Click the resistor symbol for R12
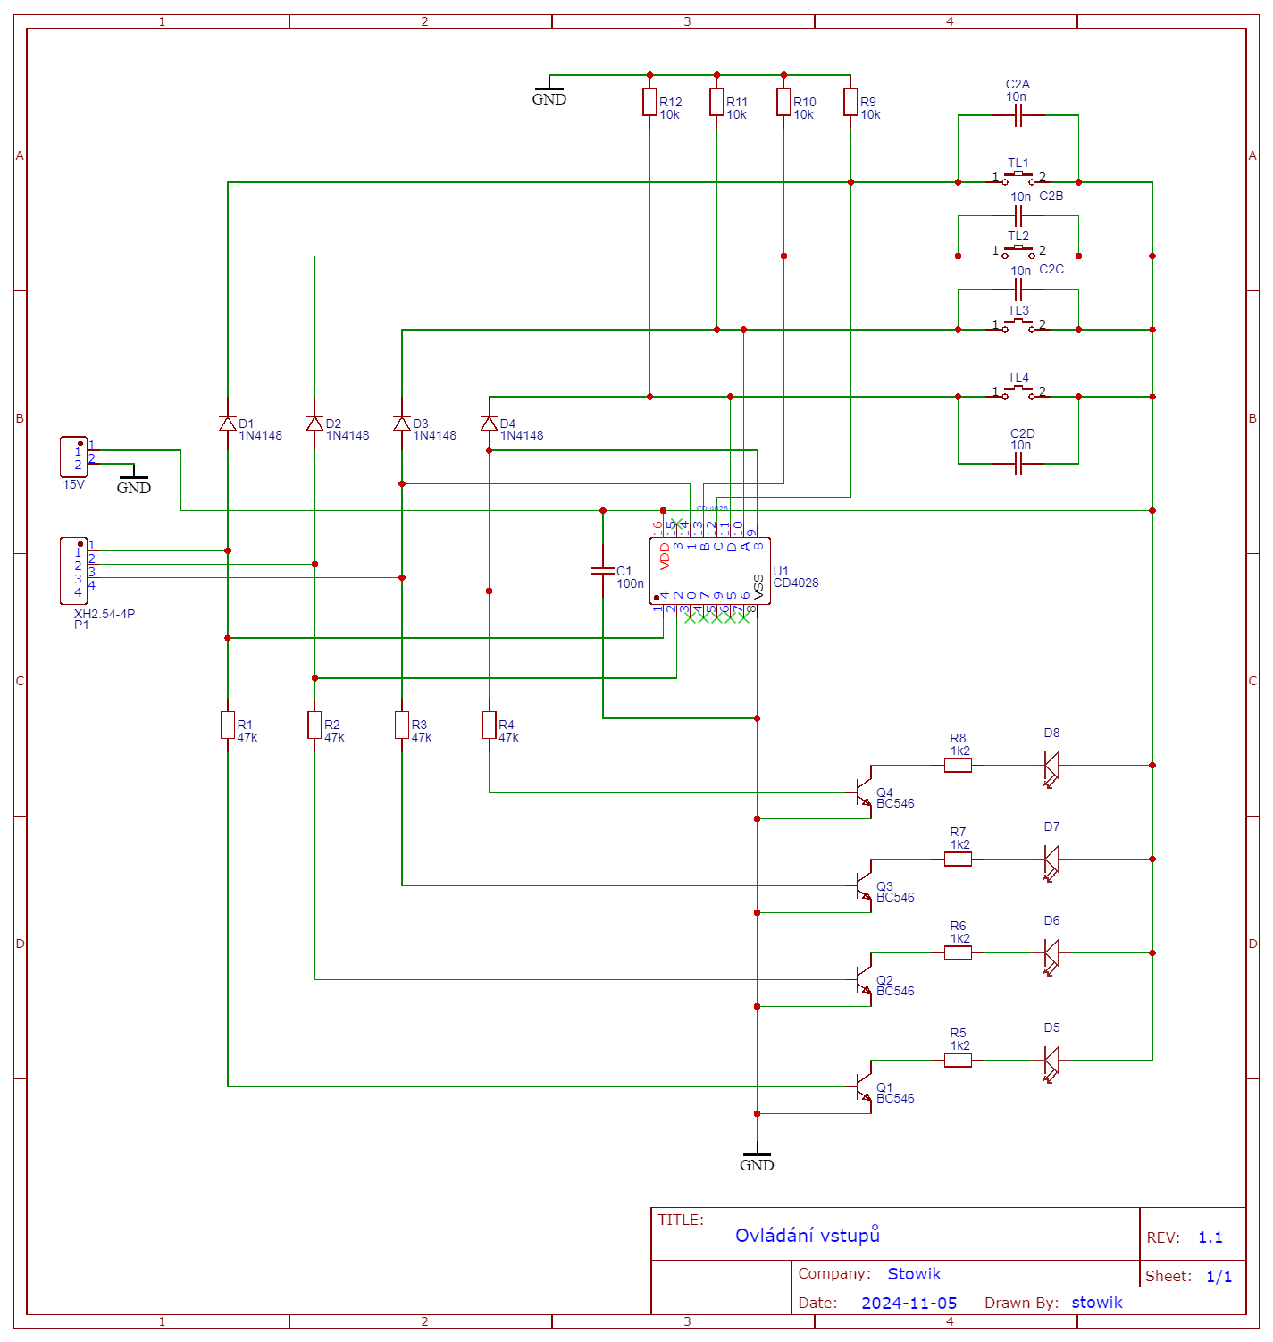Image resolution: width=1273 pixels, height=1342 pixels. [x=649, y=102]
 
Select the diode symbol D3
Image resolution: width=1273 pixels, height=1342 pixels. [x=402, y=424]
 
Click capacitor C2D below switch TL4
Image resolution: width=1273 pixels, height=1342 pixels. [x=1018, y=464]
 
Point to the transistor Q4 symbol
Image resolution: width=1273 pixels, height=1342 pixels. [x=863, y=791]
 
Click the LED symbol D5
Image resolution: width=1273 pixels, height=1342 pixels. [x=1051, y=1061]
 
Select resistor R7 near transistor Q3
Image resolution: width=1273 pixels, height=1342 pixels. [x=958, y=859]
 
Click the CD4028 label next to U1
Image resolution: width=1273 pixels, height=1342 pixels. [x=795, y=583]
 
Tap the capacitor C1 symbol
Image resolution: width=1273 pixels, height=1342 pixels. [x=603, y=570]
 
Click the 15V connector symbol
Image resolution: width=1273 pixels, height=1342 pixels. [x=73, y=457]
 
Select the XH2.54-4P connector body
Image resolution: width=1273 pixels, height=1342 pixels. [x=73, y=571]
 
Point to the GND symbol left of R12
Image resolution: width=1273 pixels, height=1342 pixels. [x=549, y=94]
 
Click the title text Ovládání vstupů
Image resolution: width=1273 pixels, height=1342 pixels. [x=807, y=1236]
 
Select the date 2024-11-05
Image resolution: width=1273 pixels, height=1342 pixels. [x=909, y=1304]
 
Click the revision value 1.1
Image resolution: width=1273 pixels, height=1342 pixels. [x=1210, y=1237]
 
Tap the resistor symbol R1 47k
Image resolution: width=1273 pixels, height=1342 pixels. [x=228, y=725]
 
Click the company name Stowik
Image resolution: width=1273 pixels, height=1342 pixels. [x=914, y=1274]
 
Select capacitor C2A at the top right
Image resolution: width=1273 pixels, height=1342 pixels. [x=1018, y=115]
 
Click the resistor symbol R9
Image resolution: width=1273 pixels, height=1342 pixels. [x=850, y=102]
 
